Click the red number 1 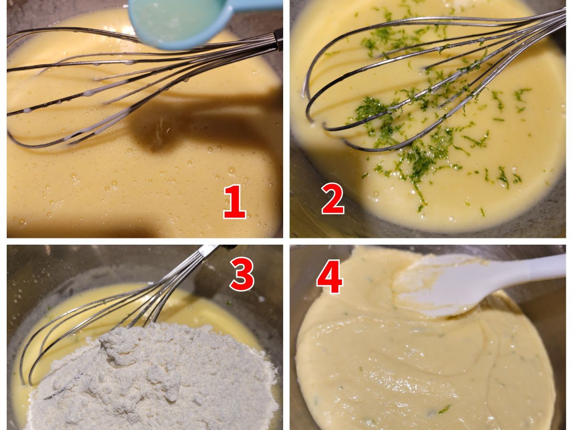coord(234,201)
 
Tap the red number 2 coord(332,198)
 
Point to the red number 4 coord(329,277)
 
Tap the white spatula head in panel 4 coord(438,286)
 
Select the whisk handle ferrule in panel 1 coord(278,39)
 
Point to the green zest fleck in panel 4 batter coord(444,409)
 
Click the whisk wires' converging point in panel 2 coord(561,13)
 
